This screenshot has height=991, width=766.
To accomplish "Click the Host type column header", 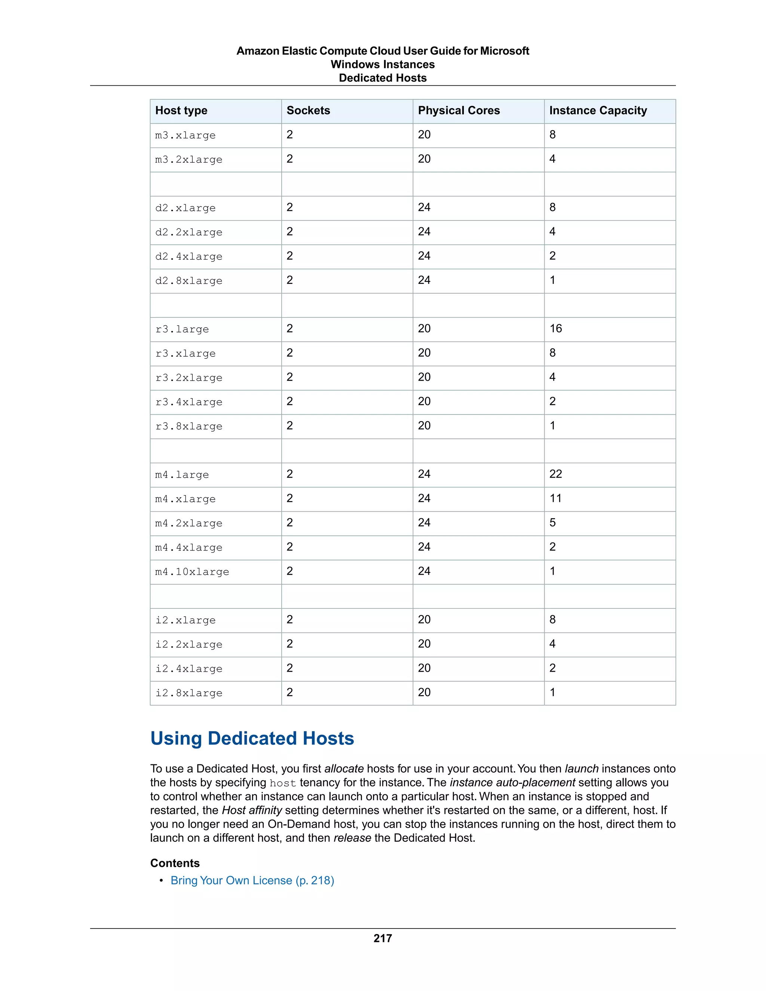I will [181, 111].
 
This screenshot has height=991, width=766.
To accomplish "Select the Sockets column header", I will [308, 111].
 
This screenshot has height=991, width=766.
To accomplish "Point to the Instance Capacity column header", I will [598, 111].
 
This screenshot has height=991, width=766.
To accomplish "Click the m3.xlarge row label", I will [185, 135].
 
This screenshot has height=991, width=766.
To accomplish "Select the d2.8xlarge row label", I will [189, 281].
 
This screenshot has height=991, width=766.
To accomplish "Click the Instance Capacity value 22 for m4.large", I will [555, 474].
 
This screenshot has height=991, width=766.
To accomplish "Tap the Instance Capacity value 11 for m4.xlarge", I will [555, 498].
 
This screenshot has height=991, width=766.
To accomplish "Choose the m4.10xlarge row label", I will [192, 572].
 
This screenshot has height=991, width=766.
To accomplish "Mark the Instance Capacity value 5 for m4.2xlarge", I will [552, 523].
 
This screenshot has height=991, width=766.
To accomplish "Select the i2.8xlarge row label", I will [189, 693].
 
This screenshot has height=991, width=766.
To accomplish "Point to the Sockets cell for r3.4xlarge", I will [289, 402].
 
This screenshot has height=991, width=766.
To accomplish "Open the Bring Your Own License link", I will [252, 880].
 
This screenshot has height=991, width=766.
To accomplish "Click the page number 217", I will [383, 938].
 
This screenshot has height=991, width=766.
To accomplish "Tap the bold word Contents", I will [175, 863].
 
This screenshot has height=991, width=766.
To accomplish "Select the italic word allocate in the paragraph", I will [343, 768].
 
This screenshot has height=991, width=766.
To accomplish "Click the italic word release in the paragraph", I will [352, 838].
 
